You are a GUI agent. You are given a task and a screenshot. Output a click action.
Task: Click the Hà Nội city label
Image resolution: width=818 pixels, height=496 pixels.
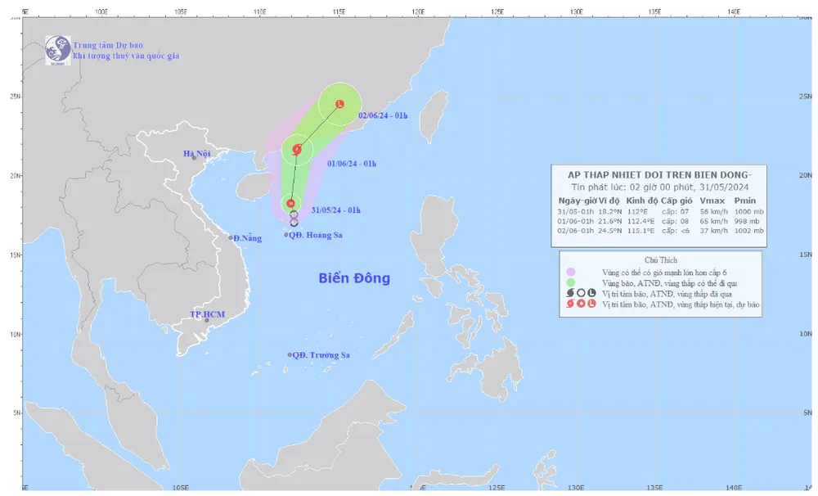197,153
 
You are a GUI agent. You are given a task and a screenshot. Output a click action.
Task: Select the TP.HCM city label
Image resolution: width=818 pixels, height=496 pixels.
207,314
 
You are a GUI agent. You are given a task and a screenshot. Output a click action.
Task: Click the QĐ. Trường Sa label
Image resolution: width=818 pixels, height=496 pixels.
321,355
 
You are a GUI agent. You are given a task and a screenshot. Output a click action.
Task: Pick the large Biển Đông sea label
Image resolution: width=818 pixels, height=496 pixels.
354,278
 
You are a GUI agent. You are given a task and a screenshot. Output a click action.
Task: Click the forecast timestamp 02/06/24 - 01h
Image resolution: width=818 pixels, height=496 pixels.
383,116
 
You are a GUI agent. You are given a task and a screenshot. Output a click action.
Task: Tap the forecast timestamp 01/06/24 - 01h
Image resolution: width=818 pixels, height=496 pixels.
351,164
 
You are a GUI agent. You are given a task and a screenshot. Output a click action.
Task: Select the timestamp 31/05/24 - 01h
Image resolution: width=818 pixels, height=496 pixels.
335,210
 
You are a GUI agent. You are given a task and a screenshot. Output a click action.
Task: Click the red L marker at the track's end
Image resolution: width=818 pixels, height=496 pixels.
339,104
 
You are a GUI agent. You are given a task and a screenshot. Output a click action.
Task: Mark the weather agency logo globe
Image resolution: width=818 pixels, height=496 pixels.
57,50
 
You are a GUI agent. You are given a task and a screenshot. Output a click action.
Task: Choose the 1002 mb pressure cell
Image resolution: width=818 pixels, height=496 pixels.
748,230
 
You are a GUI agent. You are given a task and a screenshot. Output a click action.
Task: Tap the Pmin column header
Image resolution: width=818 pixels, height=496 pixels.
745,200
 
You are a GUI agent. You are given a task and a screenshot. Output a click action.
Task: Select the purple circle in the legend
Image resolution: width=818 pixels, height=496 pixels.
571,272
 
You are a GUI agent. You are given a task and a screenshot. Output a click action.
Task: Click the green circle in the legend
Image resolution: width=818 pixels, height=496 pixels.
571,282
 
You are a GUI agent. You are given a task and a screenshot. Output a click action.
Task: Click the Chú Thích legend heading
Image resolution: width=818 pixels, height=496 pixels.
658,259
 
